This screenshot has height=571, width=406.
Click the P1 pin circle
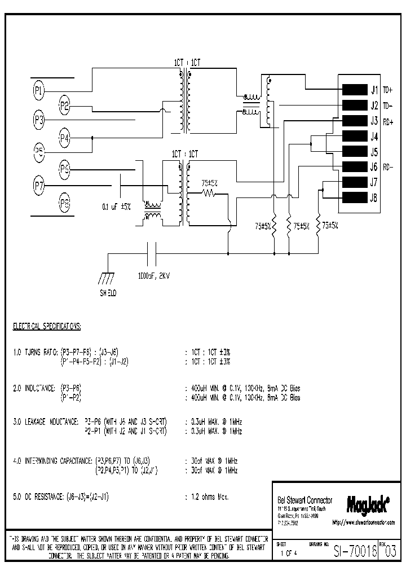coord(39,89)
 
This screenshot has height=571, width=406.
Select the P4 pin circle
coord(65,137)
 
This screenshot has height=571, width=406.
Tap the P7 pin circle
coord(39,184)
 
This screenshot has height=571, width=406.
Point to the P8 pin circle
coord(65,204)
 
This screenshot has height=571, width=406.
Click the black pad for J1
coord(355,89)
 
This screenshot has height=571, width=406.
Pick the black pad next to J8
coord(355,197)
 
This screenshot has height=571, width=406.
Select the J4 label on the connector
coord(374,136)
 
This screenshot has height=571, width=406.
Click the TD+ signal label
coord(388,90)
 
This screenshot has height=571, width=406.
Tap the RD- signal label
coord(388,167)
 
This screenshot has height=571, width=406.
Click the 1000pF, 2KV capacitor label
coord(153,277)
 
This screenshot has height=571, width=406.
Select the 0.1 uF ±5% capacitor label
coord(116,207)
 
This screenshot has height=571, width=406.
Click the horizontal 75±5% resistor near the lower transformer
coord(210,193)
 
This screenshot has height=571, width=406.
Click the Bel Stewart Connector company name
coord(305,500)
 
